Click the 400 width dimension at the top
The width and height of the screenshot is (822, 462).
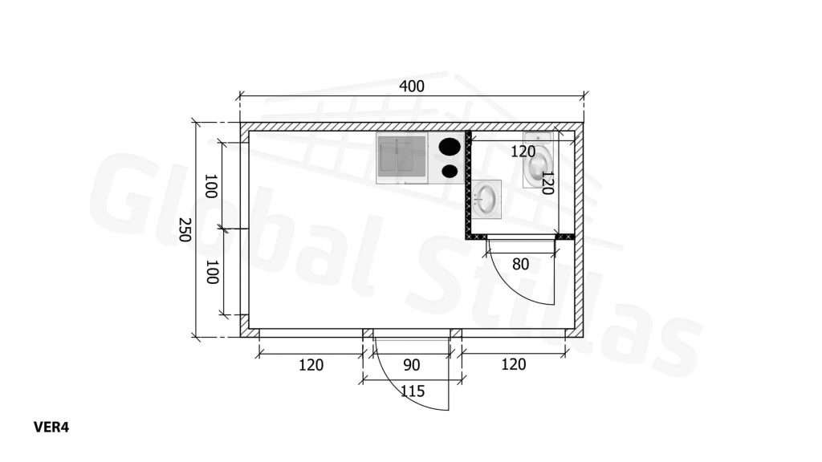(412, 86)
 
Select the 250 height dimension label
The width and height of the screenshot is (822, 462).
(184, 229)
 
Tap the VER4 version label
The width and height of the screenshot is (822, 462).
(51, 428)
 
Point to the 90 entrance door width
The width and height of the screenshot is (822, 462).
(412, 365)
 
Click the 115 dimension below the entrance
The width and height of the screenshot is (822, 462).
(413, 391)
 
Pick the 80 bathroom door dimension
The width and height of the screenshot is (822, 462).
(520, 265)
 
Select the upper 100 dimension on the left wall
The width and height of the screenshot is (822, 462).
(211, 186)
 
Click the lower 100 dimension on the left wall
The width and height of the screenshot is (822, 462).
(211, 272)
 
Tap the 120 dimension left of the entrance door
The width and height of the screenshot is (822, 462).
(311, 365)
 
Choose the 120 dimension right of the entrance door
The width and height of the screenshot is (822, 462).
(513, 365)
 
